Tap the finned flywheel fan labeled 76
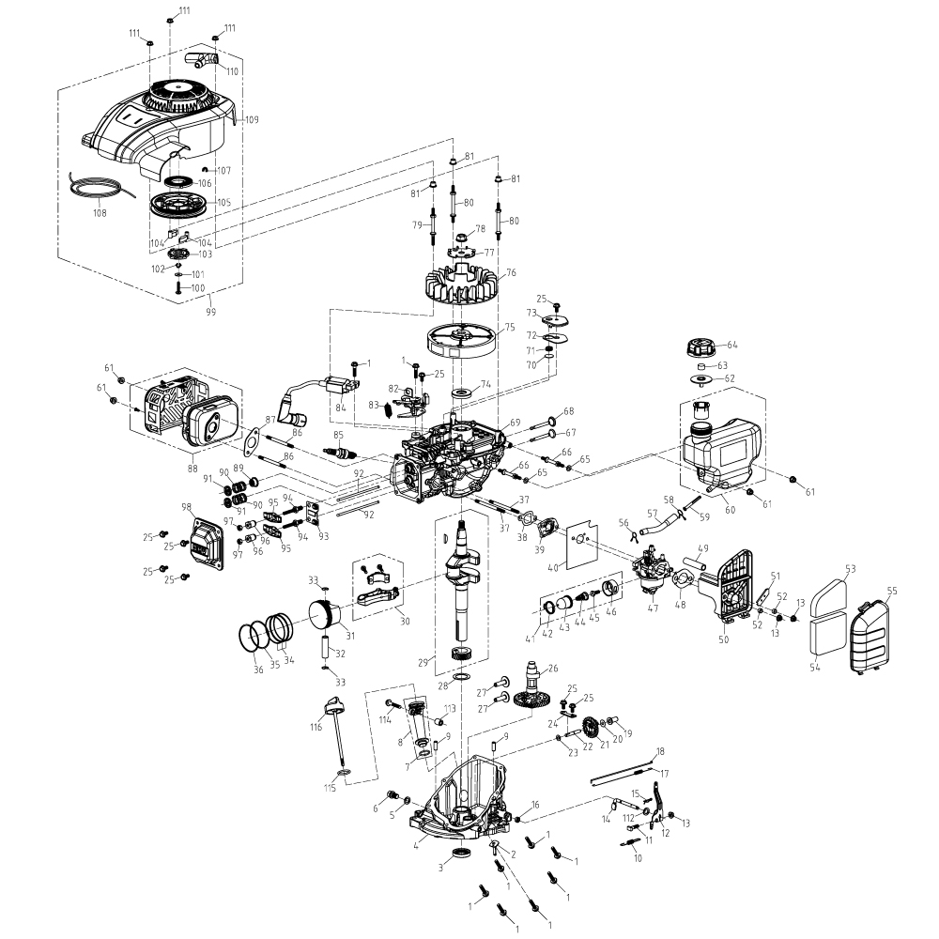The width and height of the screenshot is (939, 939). pos(461,281)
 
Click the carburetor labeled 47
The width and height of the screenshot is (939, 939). pos(649,572)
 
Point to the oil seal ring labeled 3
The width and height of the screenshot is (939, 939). pos(462,853)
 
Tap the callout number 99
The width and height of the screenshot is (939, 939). pos(209,312)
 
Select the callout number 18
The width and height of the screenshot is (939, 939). pos(659,751)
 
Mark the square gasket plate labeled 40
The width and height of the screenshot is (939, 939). pos(588,548)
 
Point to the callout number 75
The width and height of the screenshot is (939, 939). pos(511,328)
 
